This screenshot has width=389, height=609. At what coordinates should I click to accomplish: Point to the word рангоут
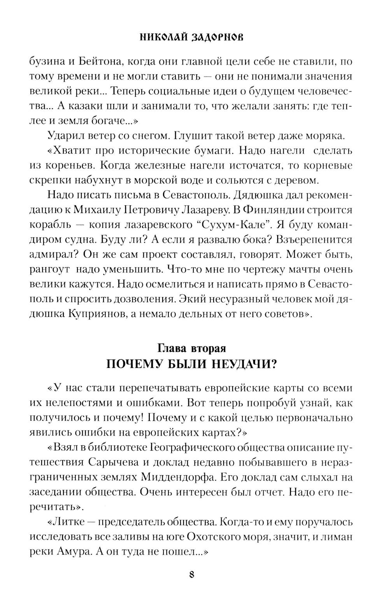48,269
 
